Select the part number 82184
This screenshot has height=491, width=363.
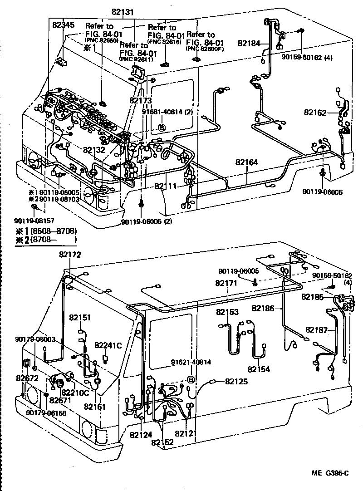[x=249, y=44]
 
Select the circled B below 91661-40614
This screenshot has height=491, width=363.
[x=162, y=128]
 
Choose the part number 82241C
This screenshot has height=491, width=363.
[x=108, y=345]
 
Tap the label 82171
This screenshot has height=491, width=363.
[x=226, y=283]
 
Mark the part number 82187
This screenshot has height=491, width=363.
[x=317, y=329]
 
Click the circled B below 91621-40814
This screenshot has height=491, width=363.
[x=191, y=379]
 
